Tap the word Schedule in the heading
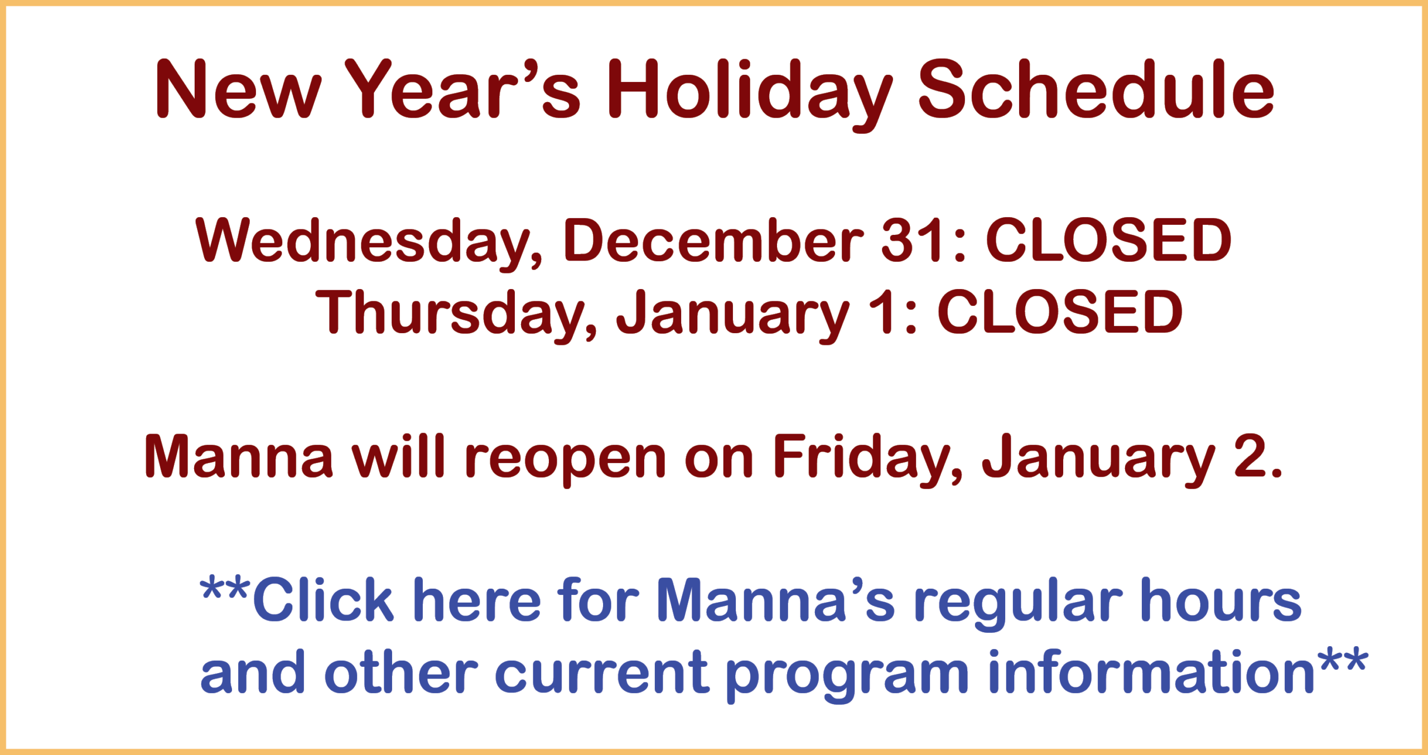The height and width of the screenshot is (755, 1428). (x=1097, y=89)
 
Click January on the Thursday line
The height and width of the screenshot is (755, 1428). (x=733, y=316)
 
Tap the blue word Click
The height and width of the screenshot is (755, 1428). (x=324, y=599)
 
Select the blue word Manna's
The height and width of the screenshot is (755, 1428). (x=776, y=599)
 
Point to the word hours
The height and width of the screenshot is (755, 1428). (x=1222, y=599)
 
